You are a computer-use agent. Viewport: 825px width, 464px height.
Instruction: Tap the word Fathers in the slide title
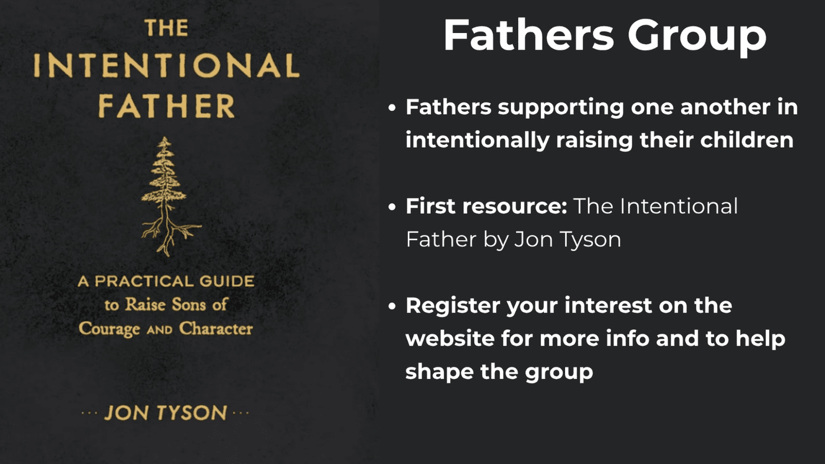point(529,35)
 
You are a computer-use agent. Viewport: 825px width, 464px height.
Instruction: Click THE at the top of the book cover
point(166,28)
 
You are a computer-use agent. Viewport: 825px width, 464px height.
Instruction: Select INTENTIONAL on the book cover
point(166,65)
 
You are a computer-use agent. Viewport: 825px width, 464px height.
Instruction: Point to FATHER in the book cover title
point(166,106)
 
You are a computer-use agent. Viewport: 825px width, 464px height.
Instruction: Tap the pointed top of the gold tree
point(164,138)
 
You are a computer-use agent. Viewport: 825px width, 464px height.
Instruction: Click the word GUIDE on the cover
point(227,281)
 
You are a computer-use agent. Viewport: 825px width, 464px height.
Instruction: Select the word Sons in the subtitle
point(189,304)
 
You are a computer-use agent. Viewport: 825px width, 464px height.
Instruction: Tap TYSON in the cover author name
point(192,413)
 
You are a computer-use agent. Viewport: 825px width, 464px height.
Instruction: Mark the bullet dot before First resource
point(392,207)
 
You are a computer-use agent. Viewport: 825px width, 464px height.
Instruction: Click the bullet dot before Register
point(392,306)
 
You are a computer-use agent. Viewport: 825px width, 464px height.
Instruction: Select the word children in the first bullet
point(747,140)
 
